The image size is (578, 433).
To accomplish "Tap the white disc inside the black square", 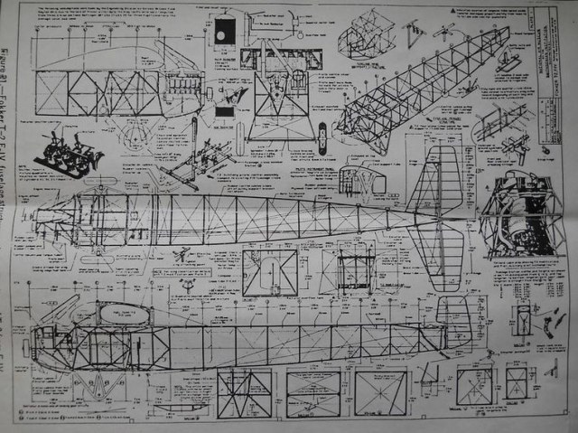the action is [x=222, y=34].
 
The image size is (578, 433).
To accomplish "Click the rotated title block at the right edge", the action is [x=542, y=45].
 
